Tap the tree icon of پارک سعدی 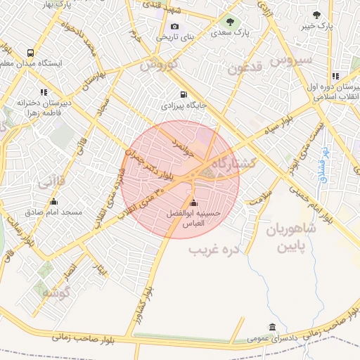tap(231, 21)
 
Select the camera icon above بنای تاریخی tap(175, 27)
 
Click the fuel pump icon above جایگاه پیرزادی tap(184, 94)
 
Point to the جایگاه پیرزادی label tap(182, 105)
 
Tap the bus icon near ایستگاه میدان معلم tap(30, 53)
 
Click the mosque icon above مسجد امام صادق tap(53, 201)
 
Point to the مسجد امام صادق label tap(53, 212)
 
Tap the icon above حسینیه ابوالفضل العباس tap(193, 202)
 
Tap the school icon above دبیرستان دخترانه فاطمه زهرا tap(44, 91)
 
